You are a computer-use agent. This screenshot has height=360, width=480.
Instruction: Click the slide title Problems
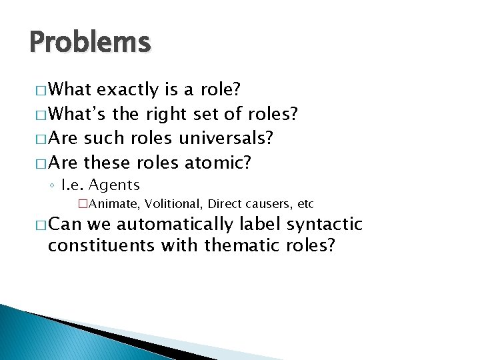point(90,43)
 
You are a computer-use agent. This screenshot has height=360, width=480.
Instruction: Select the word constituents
point(102,245)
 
